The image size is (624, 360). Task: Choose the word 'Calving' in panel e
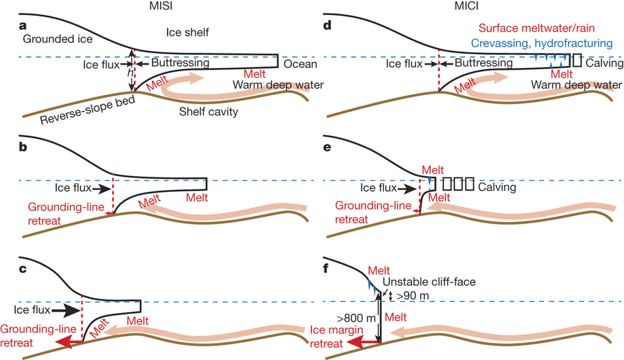[496, 187]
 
